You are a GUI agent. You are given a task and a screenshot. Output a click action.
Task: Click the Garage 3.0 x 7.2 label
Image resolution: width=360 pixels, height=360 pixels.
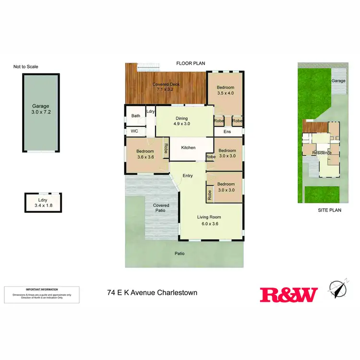pyautogui.click(x=40, y=109)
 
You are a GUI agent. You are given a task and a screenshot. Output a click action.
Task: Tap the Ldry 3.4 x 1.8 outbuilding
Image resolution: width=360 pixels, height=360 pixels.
pyautogui.click(x=43, y=203)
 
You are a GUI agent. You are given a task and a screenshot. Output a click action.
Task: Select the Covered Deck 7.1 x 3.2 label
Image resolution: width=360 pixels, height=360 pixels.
pyautogui.click(x=163, y=87)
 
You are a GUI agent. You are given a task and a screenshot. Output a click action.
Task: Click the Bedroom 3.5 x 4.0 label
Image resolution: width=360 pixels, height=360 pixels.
pyautogui.click(x=225, y=90)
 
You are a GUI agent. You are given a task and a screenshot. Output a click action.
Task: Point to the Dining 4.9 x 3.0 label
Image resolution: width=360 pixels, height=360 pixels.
pyautogui.click(x=181, y=121)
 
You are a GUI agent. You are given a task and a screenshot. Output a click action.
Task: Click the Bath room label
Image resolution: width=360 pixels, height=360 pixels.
pyautogui.click(x=135, y=116)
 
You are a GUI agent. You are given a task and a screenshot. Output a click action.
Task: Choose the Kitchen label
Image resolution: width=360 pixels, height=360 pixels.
pyautogui.click(x=188, y=147)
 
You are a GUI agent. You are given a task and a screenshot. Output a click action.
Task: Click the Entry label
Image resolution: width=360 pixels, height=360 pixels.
pyautogui.click(x=187, y=176)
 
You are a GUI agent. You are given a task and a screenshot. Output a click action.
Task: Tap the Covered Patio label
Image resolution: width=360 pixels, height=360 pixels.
pyautogui.click(x=161, y=208)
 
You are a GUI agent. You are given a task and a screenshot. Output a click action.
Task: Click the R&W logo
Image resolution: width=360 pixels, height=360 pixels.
pyautogui.click(x=288, y=294)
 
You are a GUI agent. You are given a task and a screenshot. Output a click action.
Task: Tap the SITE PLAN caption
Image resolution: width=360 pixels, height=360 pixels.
pyautogui.click(x=329, y=211)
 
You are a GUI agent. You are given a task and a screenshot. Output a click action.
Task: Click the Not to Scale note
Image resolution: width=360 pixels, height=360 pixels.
pyautogui.click(x=26, y=67)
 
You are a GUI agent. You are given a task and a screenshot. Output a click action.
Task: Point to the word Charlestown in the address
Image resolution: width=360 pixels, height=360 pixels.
pyautogui.click(x=177, y=292)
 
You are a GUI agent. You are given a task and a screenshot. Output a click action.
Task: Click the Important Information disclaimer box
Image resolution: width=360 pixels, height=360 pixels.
pyautogui.click(x=42, y=294)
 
